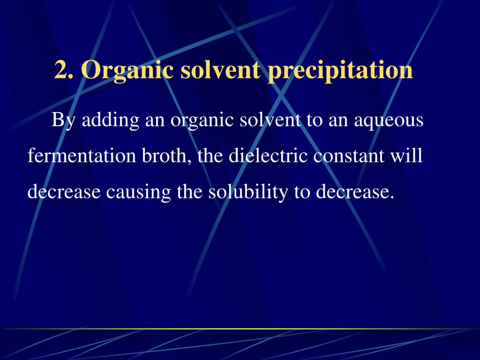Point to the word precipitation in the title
pyautogui.click(x=340, y=71)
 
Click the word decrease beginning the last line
pyautogui.click(x=64, y=192)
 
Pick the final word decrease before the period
pyautogui.click(x=352, y=192)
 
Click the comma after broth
pyautogui.click(x=191, y=162)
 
